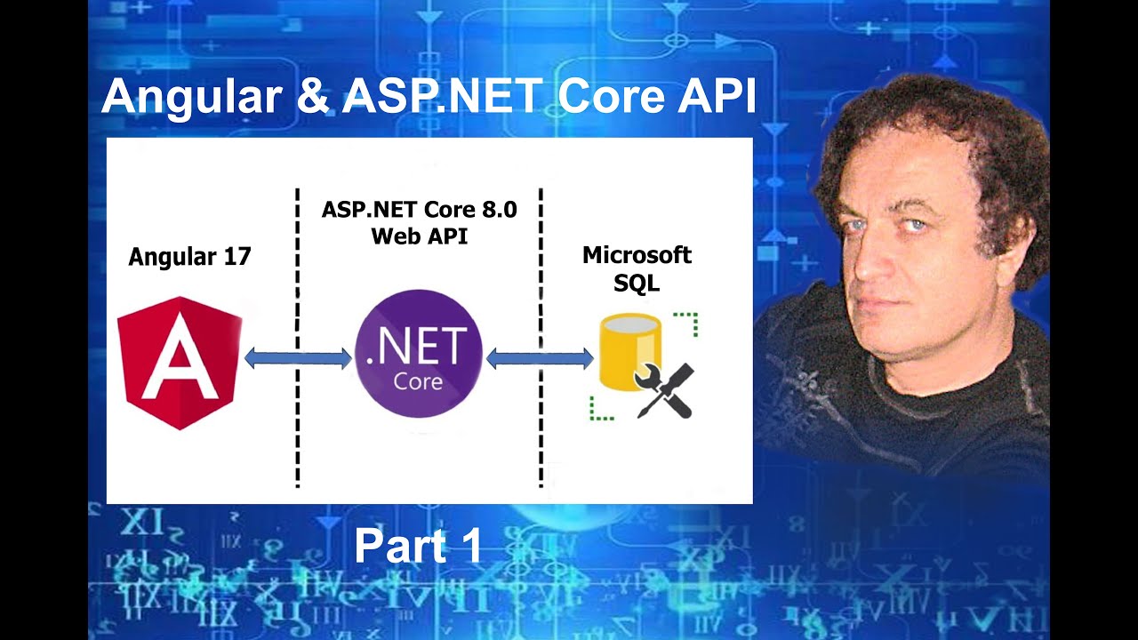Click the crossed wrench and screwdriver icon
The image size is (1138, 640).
[x=664, y=390]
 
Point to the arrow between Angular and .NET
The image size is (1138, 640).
[x=298, y=358]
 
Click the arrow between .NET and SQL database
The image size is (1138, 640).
[x=540, y=358]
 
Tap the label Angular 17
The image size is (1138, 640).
[x=189, y=257]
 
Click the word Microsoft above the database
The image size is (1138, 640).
[x=637, y=255]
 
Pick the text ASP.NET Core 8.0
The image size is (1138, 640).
[x=419, y=211]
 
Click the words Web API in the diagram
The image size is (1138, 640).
[x=419, y=236]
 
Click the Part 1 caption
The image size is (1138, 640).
[x=418, y=545]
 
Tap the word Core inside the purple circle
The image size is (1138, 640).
[x=418, y=382]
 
